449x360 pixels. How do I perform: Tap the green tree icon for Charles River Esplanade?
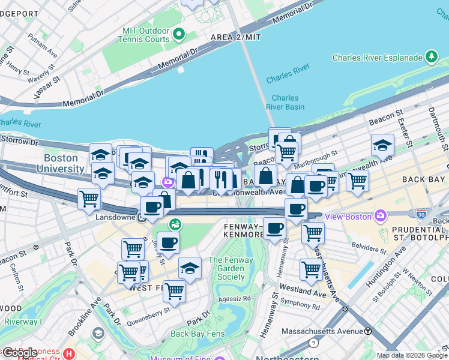click(x=431, y=57)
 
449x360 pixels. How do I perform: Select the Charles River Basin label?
click(x=285, y=103)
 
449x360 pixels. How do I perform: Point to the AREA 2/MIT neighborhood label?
click(x=235, y=37)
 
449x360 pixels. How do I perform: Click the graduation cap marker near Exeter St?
click(x=382, y=145)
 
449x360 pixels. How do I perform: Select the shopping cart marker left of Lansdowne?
click(x=89, y=197)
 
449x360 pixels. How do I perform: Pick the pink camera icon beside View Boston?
click(x=380, y=215)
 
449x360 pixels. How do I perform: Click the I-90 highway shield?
click(x=422, y=213)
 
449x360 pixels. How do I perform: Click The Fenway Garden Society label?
click(x=227, y=268)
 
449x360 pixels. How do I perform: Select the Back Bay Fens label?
click(x=197, y=334)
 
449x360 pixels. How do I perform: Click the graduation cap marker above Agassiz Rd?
click(x=190, y=268)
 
